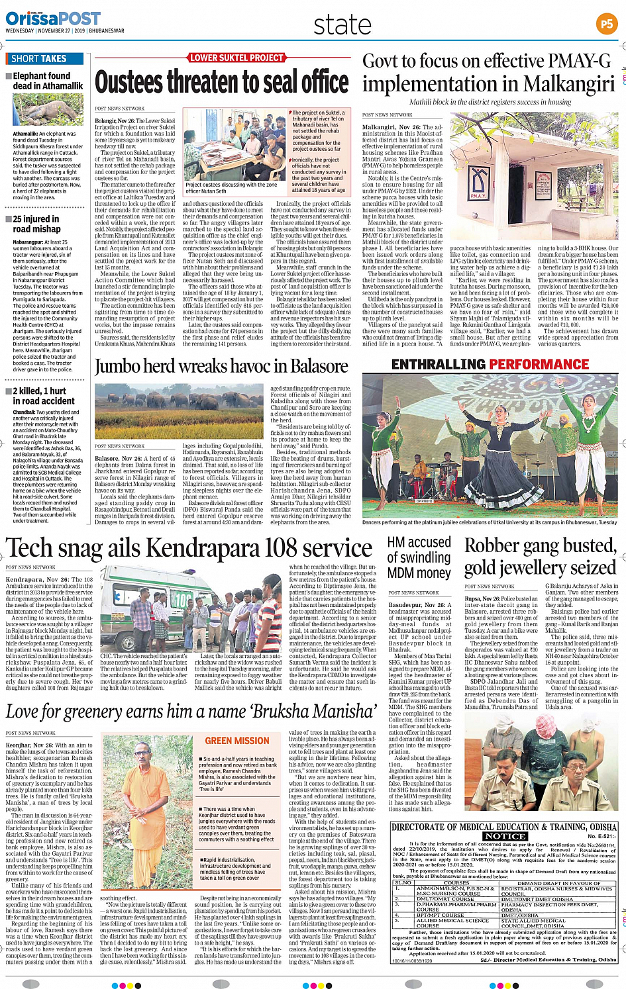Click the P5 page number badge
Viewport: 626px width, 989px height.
606,24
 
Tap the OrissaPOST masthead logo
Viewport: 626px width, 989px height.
53,19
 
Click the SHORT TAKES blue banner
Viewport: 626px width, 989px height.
44,59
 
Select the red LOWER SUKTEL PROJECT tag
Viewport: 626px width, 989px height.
236,58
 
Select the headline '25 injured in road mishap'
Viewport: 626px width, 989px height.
36,224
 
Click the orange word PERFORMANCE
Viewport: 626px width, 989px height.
539,365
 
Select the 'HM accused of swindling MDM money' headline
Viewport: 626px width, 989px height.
419,557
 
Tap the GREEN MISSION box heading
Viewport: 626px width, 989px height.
237,741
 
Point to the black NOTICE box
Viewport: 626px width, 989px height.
505,836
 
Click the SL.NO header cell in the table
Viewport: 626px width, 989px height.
403,882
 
